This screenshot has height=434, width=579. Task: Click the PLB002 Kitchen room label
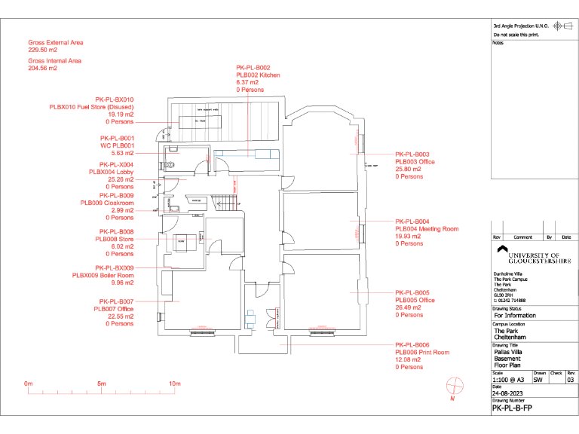click(258, 75)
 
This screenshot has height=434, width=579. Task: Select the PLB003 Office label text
click(415, 162)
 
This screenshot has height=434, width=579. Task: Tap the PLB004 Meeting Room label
click(427, 228)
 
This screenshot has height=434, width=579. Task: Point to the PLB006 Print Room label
click(421, 353)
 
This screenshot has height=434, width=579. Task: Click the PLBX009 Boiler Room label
click(103, 276)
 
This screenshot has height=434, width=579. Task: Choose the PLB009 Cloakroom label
click(107, 203)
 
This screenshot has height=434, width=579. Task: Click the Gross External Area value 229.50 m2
click(43, 50)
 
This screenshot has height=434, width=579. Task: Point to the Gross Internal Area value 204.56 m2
click(43, 68)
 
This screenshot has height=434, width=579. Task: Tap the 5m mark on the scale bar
click(101, 384)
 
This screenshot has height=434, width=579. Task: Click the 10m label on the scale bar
click(174, 384)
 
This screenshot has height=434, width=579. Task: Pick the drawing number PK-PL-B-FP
click(513, 408)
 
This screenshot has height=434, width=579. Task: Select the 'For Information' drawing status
click(514, 316)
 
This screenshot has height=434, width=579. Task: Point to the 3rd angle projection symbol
click(559, 26)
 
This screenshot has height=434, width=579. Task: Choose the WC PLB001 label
click(117, 145)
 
